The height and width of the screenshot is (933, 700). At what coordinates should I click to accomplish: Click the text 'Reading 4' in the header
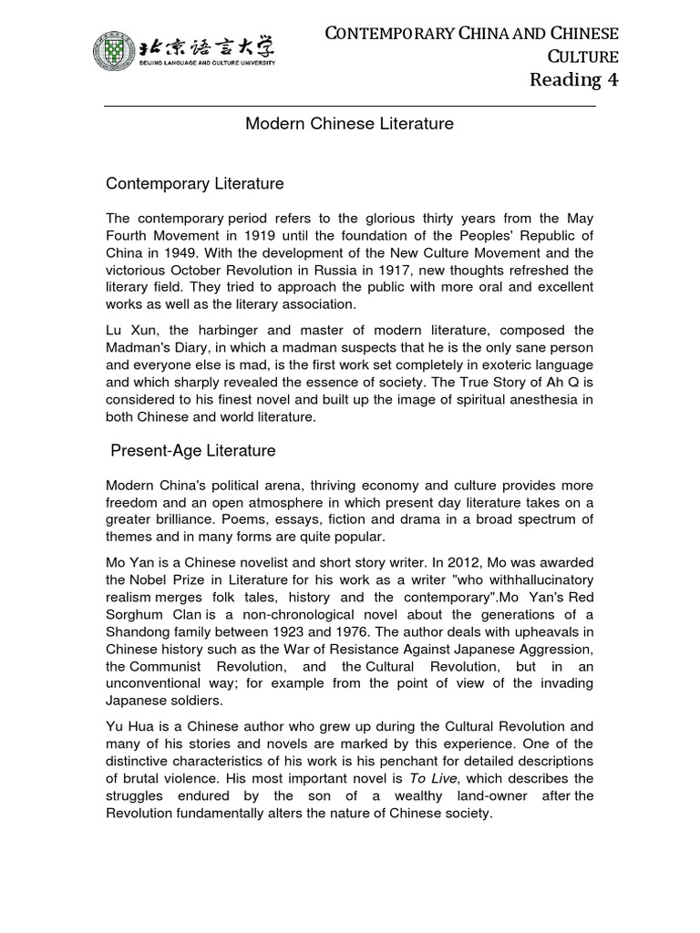coord(573,80)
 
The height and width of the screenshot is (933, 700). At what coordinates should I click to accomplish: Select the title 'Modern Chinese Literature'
coord(349,124)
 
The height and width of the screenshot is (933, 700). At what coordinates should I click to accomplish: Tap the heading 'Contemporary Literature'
coord(195,184)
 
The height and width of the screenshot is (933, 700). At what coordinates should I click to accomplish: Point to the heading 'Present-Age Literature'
coord(192,451)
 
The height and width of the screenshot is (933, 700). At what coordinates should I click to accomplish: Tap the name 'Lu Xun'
coord(127,331)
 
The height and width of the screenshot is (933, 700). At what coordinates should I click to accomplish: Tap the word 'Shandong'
coord(140,632)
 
